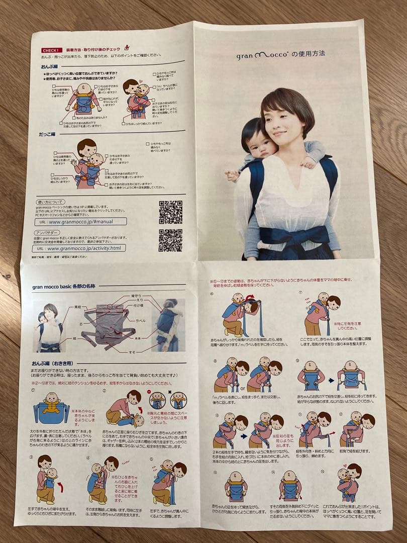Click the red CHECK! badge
[52, 50]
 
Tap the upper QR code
[170, 213]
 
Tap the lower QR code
[170, 240]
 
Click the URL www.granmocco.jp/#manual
[80, 221]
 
